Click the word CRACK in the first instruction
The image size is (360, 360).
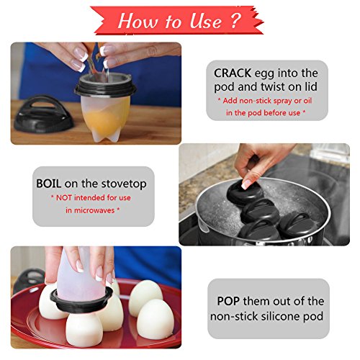(233, 73)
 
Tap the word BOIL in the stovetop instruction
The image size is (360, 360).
(48, 184)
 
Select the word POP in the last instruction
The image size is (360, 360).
(228, 301)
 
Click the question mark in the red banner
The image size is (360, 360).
(235, 20)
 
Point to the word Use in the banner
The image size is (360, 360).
(205, 21)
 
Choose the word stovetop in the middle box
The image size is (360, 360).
(124, 184)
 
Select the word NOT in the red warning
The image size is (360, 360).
(63, 198)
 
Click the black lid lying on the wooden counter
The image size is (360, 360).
(43, 114)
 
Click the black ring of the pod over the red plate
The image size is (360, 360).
(81, 300)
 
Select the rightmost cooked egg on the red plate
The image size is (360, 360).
(156, 319)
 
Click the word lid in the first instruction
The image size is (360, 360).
(311, 86)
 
